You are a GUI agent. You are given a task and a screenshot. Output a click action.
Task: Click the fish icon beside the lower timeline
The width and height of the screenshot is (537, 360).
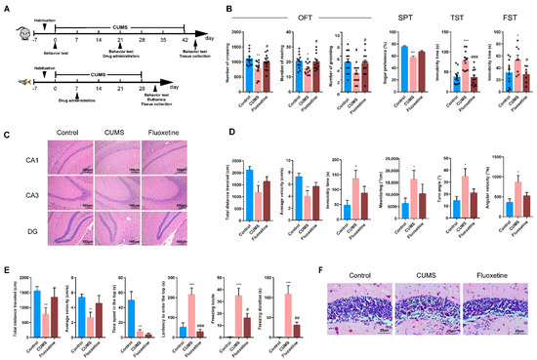pos(21,84)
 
